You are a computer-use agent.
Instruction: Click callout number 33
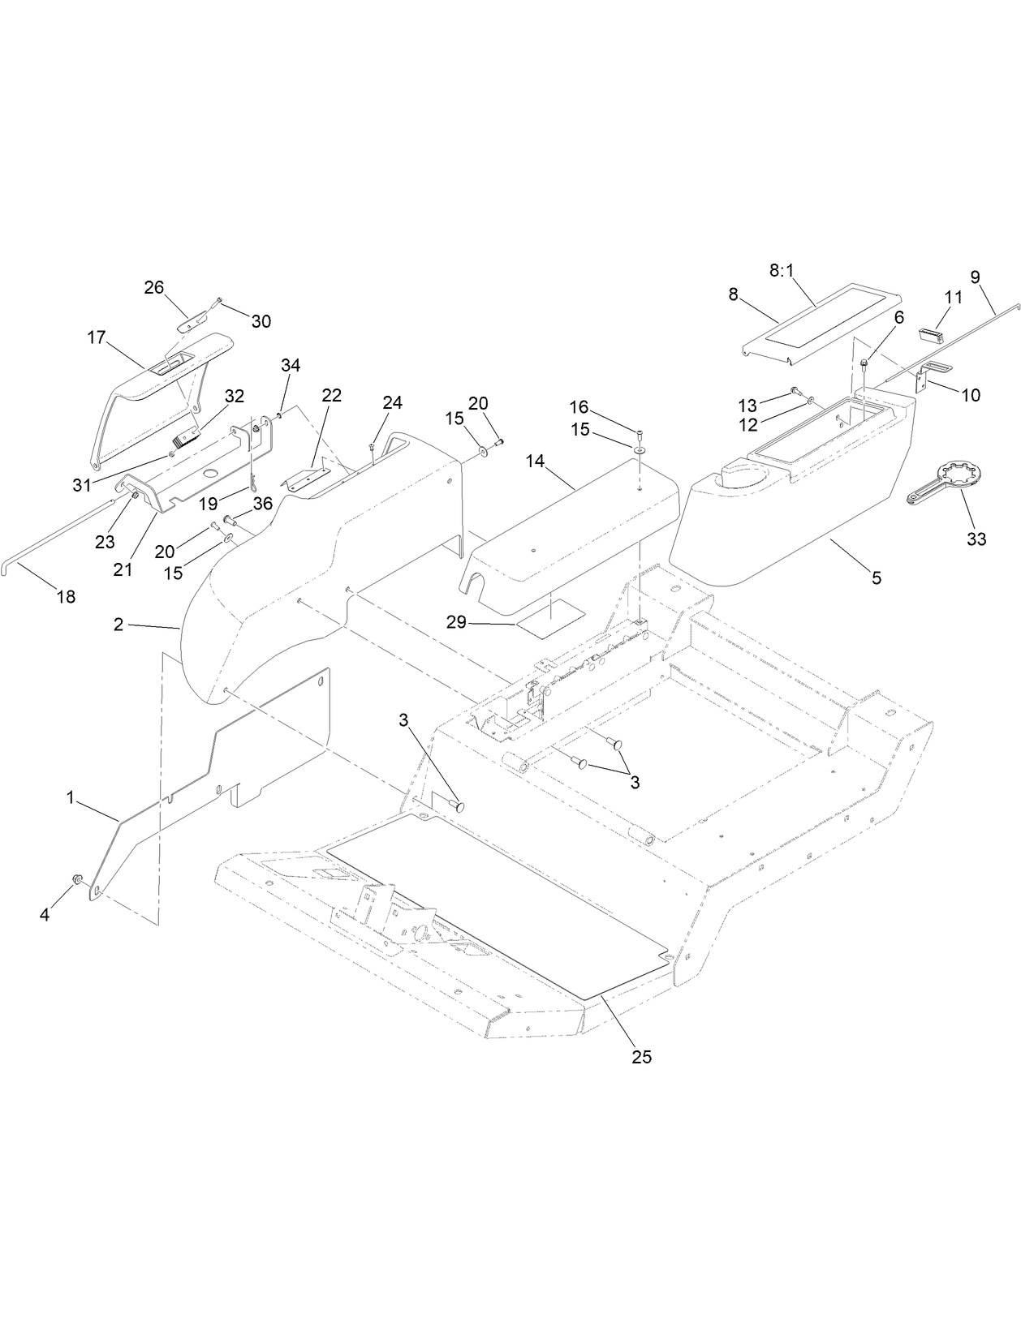[x=976, y=538]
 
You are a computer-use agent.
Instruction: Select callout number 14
[x=535, y=462]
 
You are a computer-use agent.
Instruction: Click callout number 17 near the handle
[x=97, y=337]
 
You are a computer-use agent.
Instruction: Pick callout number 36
[x=263, y=504]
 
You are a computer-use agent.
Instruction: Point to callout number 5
[x=876, y=578]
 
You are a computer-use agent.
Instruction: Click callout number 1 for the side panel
[x=71, y=798]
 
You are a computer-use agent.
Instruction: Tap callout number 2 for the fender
[x=118, y=625]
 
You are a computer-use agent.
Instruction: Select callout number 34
[x=291, y=366]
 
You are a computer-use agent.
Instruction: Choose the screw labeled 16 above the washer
[x=640, y=430]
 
